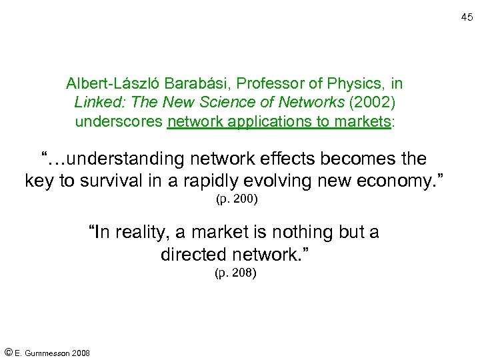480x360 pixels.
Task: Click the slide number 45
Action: [467, 17]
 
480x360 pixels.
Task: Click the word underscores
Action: [119, 122]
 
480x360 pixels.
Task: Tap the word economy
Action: [396, 181]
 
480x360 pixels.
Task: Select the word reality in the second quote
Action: [146, 232]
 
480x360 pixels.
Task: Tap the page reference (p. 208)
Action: [235, 273]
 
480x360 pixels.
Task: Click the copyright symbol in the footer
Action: [8, 351]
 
